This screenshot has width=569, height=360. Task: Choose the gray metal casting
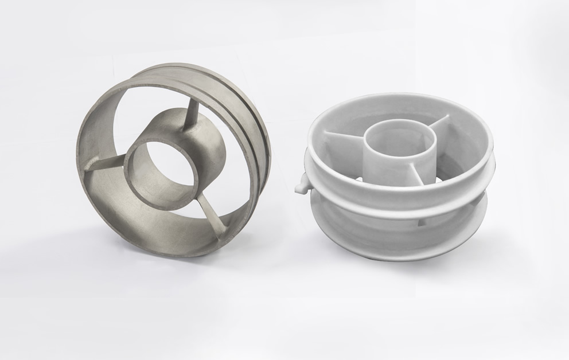click(x=172, y=161)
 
